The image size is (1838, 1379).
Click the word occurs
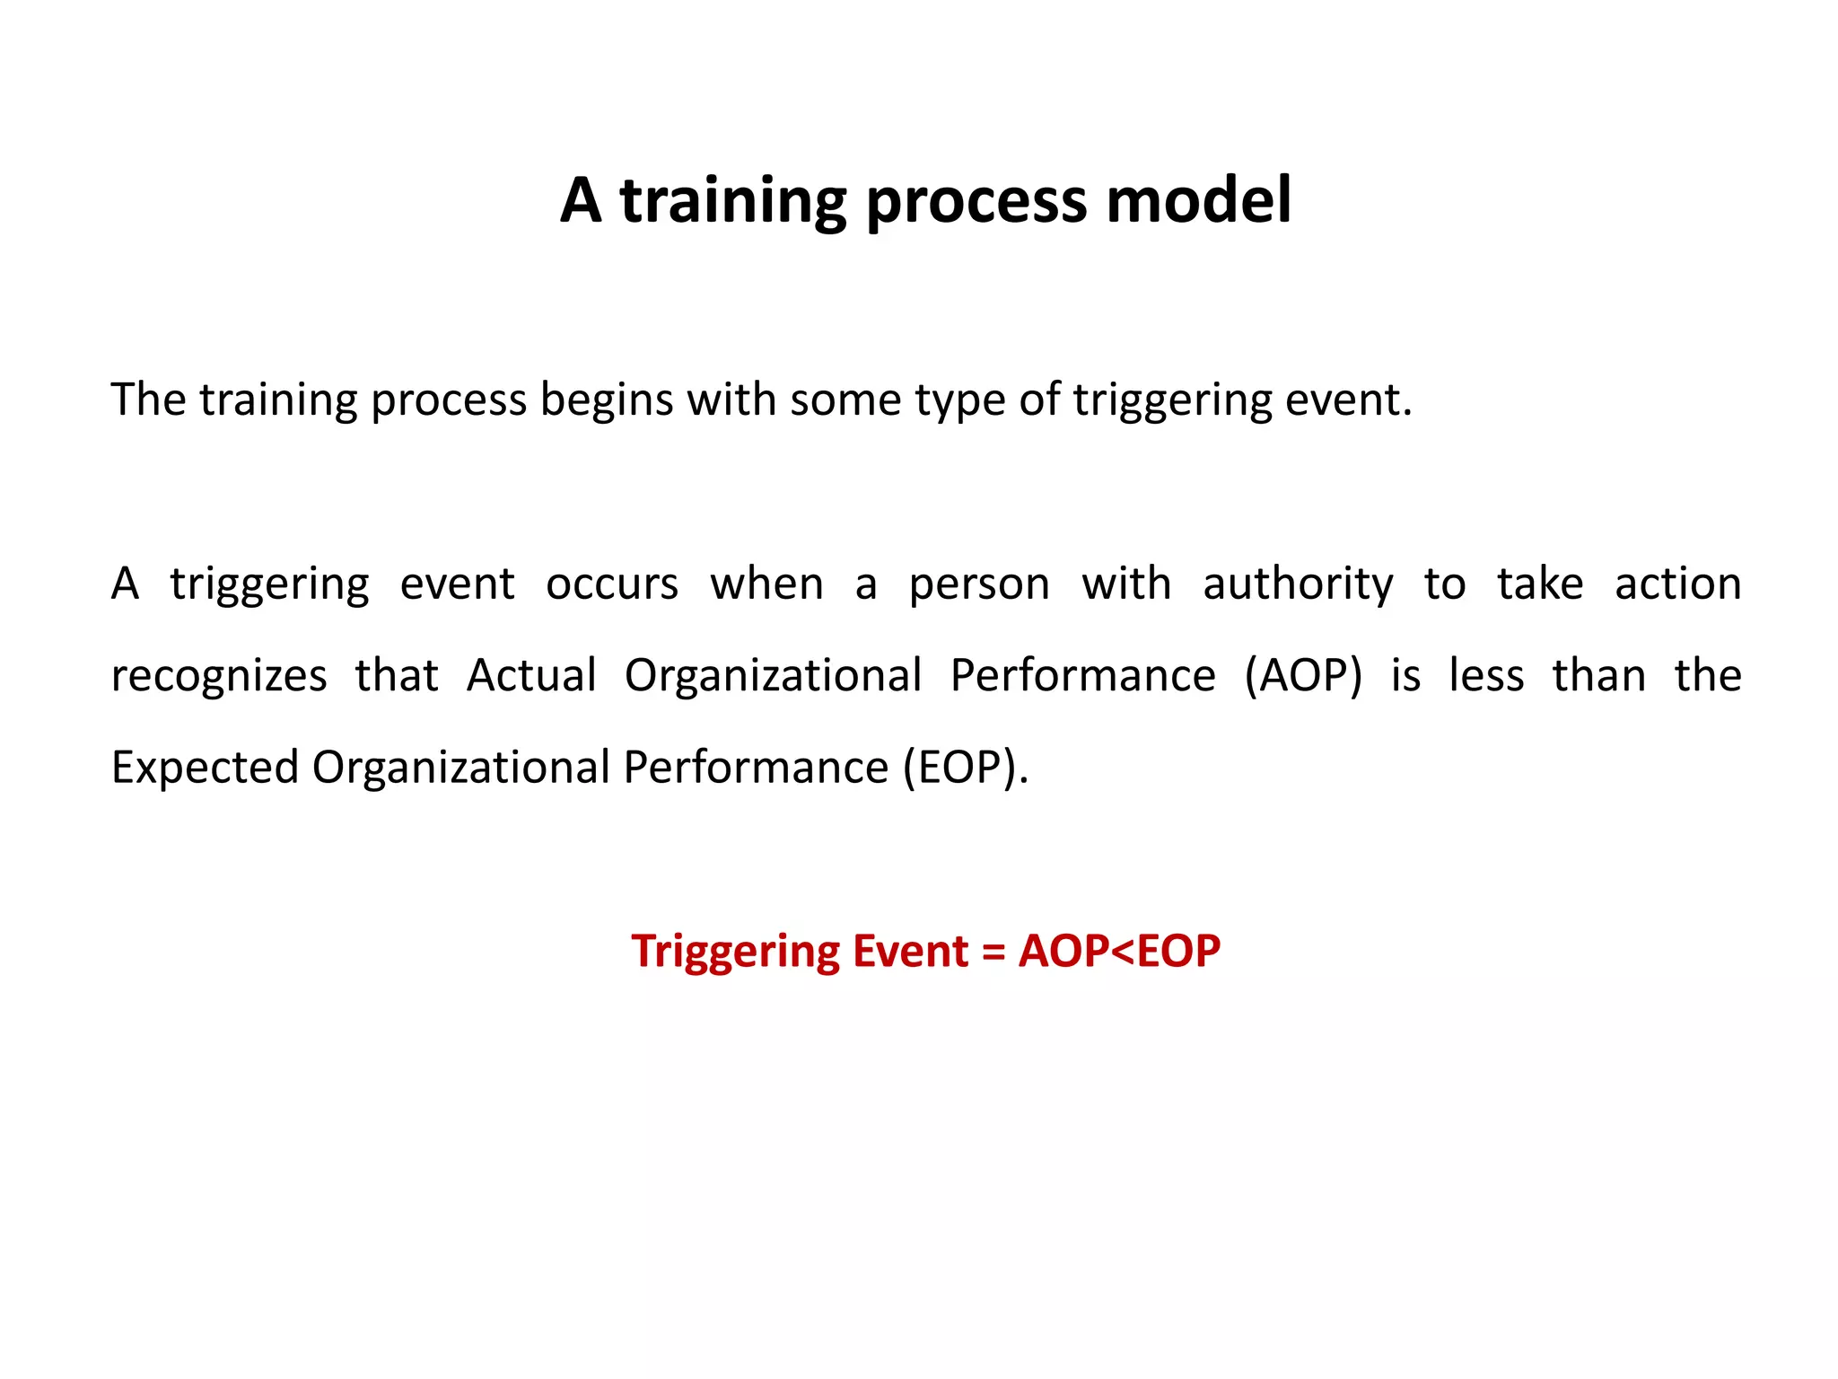tap(612, 584)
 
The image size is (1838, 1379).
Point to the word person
tap(978, 584)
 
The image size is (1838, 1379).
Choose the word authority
tap(1298, 584)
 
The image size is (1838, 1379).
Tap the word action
tap(1677, 584)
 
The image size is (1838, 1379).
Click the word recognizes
tap(219, 676)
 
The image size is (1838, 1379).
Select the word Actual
tap(531, 676)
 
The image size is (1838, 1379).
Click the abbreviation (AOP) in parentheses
tap(1303, 676)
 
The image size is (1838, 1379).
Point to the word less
tap(1486, 676)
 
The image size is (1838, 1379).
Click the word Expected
tap(205, 769)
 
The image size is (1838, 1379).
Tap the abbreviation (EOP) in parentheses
tap(965, 769)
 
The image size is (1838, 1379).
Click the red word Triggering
tap(735, 952)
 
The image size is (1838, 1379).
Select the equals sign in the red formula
tap(993, 952)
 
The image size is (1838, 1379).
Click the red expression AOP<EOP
tap(1119, 952)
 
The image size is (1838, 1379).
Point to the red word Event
tap(910, 952)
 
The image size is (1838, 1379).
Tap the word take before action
tap(1540, 584)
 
